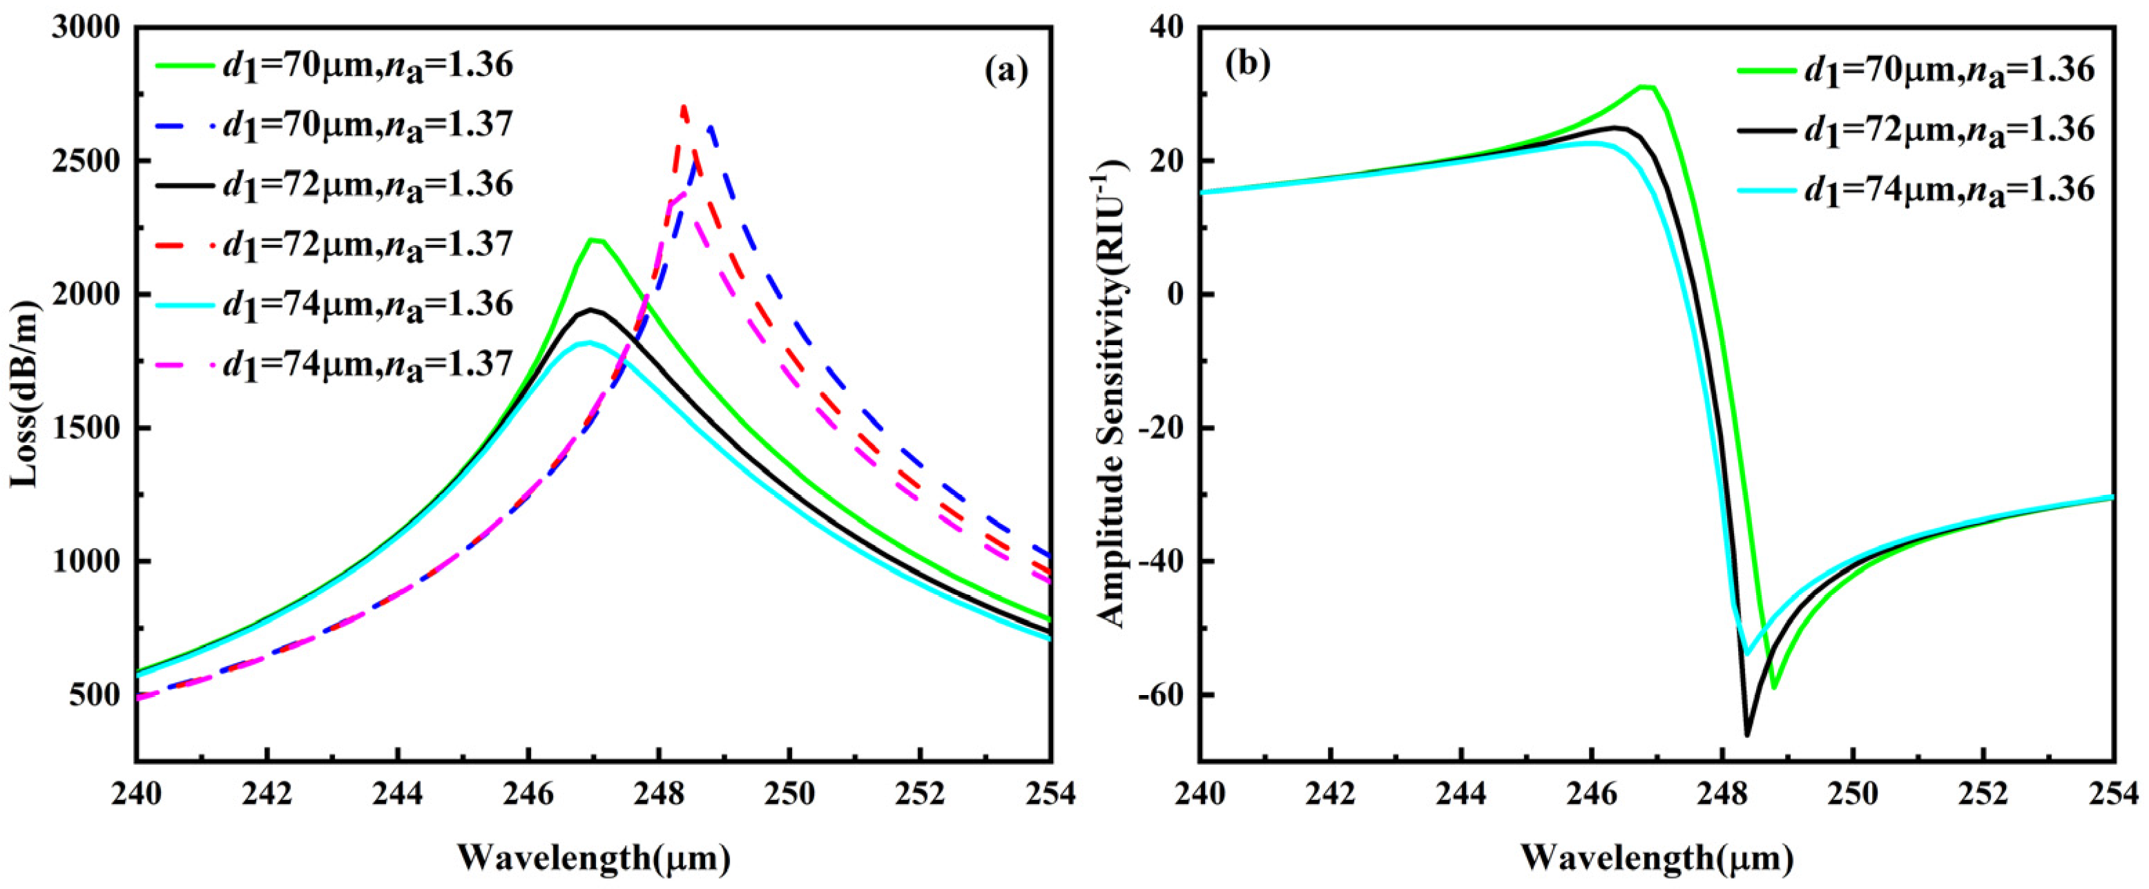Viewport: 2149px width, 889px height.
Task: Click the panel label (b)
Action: coord(1247,63)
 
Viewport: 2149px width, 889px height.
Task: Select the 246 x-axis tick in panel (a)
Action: coord(528,794)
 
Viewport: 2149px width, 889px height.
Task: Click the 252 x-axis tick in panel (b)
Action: coord(1984,794)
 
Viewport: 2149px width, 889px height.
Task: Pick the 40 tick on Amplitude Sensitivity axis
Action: coord(1168,28)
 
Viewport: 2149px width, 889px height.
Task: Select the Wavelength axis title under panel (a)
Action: coord(594,858)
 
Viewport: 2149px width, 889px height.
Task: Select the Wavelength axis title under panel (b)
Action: coord(1657,858)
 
